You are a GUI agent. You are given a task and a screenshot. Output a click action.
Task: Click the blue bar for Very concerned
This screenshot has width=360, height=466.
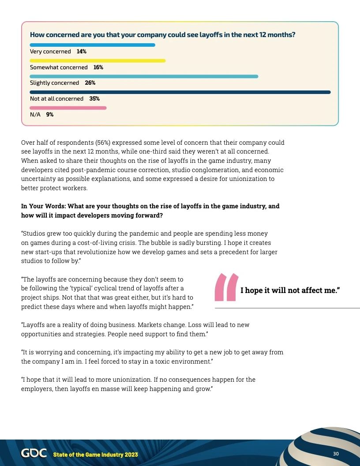click(92, 45)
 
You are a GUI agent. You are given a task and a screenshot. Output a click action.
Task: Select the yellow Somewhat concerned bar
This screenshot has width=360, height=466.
click(97, 60)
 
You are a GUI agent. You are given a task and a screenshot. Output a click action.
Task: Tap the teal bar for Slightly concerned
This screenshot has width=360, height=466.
click(144, 76)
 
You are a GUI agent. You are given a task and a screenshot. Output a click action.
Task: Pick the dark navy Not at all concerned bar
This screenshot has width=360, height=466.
click(180, 92)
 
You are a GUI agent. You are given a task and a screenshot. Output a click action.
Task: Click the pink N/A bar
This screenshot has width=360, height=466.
click(68, 108)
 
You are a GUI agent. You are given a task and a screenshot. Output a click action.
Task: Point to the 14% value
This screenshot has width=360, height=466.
click(82, 52)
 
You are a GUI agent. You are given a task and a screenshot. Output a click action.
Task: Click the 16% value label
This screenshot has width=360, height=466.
click(98, 68)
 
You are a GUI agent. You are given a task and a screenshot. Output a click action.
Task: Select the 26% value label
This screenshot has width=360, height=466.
click(90, 83)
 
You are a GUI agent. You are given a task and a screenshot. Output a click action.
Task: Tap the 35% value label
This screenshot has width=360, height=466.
click(94, 99)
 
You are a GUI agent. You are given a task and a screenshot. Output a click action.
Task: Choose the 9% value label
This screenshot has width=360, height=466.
click(50, 114)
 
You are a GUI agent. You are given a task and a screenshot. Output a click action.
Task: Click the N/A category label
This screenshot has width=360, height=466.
click(35, 114)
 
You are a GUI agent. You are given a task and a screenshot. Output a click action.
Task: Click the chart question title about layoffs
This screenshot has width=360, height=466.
click(162, 34)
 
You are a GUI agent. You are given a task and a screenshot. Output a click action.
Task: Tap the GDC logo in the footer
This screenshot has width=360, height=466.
click(34, 454)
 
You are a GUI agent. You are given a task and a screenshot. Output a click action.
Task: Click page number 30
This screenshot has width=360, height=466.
click(336, 454)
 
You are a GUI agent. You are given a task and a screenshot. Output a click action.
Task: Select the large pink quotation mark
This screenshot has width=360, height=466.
click(226, 287)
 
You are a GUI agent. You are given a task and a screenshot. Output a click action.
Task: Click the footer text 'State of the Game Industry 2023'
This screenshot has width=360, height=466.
click(95, 455)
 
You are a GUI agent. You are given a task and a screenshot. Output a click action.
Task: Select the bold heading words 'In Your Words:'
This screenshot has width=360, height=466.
click(43, 206)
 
